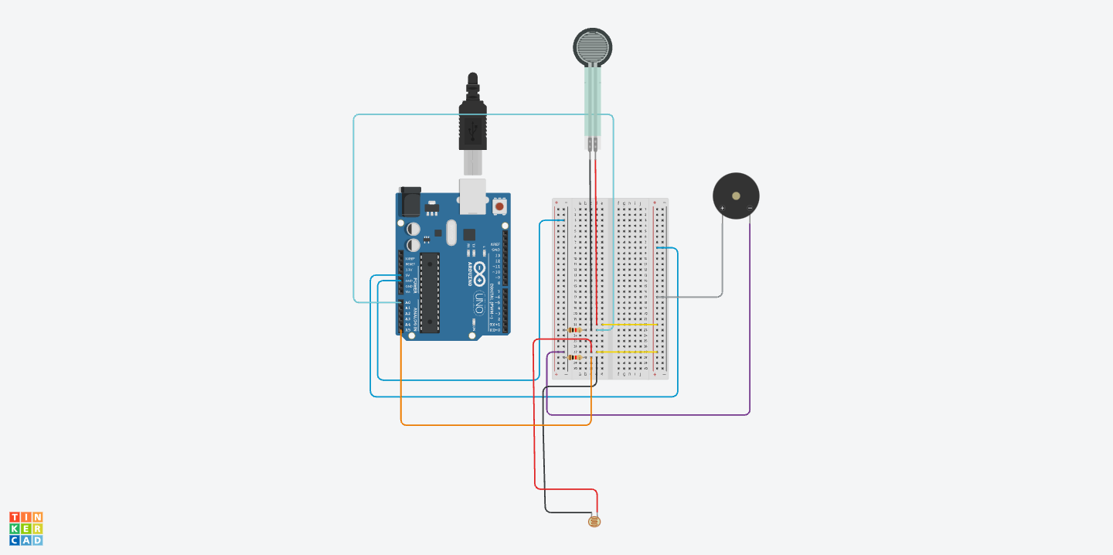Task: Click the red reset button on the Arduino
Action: pyautogui.click(x=499, y=206)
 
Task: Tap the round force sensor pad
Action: pyautogui.click(x=593, y=47)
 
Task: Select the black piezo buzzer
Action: pyautogui.click(x=736, y=196)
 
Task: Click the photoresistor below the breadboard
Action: pyautogui.click(x=594, y=522)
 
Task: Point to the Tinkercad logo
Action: pyautogui.click(x=26, y=529)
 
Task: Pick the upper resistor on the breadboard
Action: pyautogui.click(x=574, y=330)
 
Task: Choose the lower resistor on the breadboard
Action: pyautogui.click(x=574, y=357)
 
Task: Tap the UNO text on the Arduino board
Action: pyautogui.click(x=479, y=302)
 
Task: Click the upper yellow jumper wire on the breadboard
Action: pyautogui.click(x=628, y=325)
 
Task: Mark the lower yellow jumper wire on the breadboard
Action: pyautogui.click(x=626, y=352)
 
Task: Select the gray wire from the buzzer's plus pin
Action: pyautogui.click(x=722, y=263)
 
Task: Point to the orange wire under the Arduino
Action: pyautogui.click(x=495, y=424)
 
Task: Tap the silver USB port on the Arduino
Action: pyautogui.click(x=472, y=195)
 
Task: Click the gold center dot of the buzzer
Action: pyautogui.click(x=736, y=196)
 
